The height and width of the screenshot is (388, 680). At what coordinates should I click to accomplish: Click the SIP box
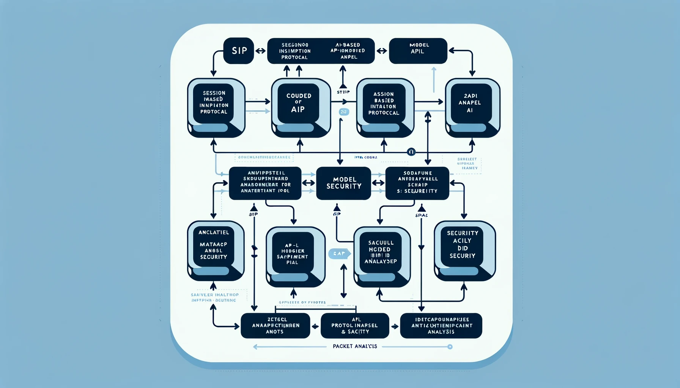[238, 51]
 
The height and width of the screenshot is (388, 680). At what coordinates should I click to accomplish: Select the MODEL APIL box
[418, 51]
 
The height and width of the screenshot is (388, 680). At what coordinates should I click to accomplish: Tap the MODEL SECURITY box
[343, 183]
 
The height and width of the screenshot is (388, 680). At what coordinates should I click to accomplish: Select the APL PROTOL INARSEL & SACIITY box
[355, 325]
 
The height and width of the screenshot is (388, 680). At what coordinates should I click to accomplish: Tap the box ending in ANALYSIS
[441, 325]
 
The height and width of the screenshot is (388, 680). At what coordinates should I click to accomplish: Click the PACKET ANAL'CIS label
[355, 346]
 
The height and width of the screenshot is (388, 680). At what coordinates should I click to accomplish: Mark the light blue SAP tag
[338, 253]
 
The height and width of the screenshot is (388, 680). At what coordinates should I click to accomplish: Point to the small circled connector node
[411, 152]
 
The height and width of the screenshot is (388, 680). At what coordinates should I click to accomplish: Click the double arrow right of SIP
[260, 51]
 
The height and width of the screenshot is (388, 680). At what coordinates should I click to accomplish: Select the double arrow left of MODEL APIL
[382, 51]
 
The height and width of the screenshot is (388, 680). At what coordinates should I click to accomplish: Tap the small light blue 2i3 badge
[344, 112]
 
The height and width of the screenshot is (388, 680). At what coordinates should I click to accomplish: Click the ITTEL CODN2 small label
[366, 157]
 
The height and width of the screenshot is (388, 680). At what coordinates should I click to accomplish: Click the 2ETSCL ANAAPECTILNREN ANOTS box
[275, 325]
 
